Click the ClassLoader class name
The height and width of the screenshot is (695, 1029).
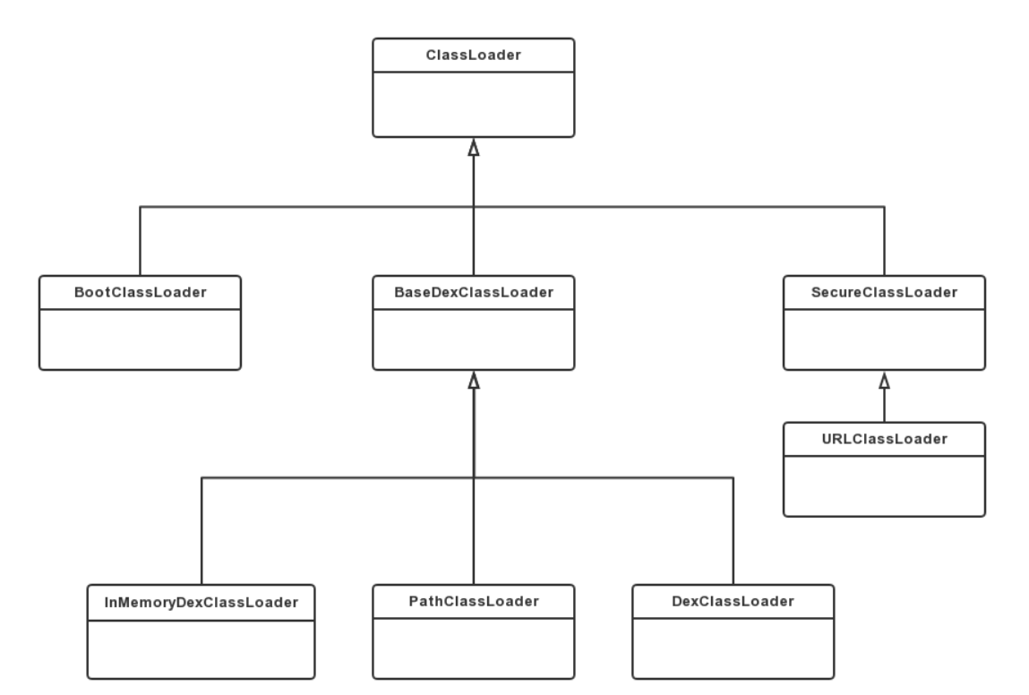click(x=473, y=56)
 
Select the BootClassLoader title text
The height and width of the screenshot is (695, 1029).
click(x=140, y=293)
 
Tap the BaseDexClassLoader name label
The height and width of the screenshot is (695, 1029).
click(x=473, y=293)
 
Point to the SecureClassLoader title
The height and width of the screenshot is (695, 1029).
click(x=884, y=293)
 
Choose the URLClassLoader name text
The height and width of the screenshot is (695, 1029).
click(x=884, y=439)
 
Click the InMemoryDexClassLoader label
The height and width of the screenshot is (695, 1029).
click(x=201, y=603)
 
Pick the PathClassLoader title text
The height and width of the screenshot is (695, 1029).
click(x=473, y=601)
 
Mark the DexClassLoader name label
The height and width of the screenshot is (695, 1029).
click(x=733, y=601)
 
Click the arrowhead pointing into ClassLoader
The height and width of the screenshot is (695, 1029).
click(x=474, y=148)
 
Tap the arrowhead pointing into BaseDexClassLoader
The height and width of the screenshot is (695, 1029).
click(x=474, y=381)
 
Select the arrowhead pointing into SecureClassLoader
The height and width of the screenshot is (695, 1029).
click(x=885, y=381)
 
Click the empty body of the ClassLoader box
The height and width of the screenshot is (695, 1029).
click(x=473, y=105)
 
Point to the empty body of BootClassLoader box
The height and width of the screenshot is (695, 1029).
click(x=140, y=339)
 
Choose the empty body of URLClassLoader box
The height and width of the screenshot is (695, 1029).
click(x=884, y=485)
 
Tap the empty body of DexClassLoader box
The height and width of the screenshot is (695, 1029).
click(x=733, y=648)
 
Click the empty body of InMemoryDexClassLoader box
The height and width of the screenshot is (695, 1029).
click(x=201, y=649)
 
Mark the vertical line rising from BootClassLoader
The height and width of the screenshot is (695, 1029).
click(x=140, y=241)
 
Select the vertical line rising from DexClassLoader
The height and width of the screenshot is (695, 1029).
click(x=733, y=531)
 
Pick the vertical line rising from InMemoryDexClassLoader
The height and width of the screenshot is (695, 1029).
click(x=202, y=531)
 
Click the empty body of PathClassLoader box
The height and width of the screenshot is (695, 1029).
click(x=473, y=648)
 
